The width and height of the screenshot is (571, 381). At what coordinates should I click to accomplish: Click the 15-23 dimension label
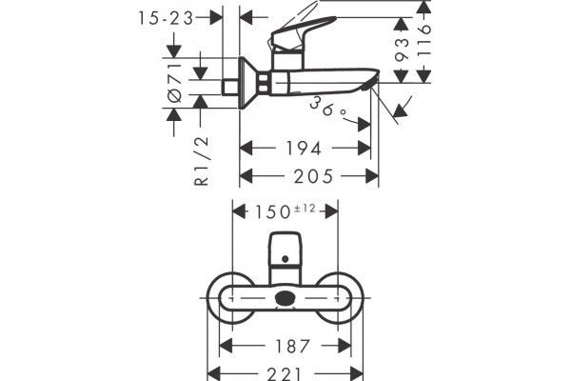point(166,18)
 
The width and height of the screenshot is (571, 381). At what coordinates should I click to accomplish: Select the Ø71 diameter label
point(175,83)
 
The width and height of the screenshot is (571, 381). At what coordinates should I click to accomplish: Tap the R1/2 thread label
point(202,161)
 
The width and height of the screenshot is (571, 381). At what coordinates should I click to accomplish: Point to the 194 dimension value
point(304,149)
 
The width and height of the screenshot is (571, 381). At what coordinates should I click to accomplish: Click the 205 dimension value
point(313,176)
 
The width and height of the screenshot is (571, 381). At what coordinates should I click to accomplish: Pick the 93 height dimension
point(402,50)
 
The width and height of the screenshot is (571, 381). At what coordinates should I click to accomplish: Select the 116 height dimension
point(423,40)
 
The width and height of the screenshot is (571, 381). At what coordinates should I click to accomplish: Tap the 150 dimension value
point(273,211)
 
